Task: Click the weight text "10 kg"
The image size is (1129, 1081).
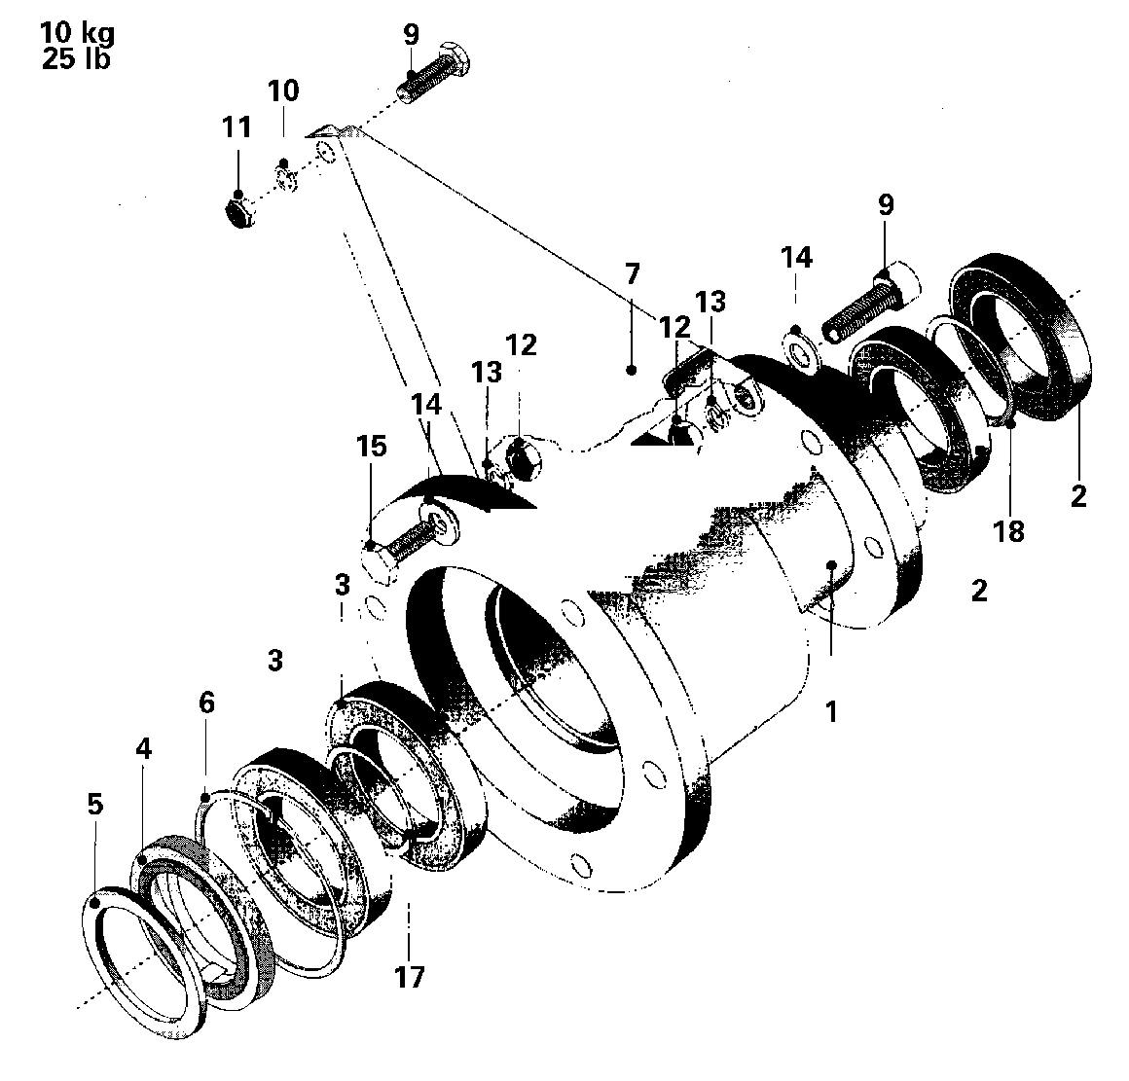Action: (x=77, y=33)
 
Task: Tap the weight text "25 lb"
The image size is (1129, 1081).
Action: (x=75, y=58)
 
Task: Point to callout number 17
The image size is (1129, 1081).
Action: (x=410, y=975)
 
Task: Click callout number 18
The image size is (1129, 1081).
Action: (x=1010, y=532)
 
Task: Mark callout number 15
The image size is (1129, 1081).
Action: (x=371, y=447)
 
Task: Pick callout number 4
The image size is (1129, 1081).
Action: (x=143, y=750)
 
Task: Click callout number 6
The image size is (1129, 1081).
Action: (x=206, y=702)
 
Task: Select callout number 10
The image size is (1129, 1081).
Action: (x=283, y=91)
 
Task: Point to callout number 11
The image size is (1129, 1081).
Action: (x=237, y=127)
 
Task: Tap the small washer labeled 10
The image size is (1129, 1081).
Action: (x=284, y=179)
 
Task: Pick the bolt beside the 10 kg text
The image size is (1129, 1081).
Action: (x=435, y=73)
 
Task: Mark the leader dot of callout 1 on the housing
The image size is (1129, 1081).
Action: (x=830, y=564)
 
